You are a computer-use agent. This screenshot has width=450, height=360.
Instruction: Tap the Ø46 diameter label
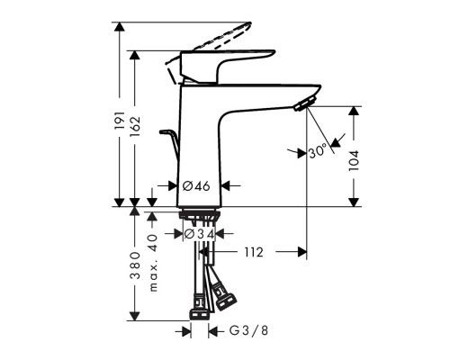195,186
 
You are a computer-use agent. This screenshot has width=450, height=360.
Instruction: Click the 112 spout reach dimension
253,253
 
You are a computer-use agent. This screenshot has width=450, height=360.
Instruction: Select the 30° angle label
317,152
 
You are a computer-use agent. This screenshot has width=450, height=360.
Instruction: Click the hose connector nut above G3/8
199,315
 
